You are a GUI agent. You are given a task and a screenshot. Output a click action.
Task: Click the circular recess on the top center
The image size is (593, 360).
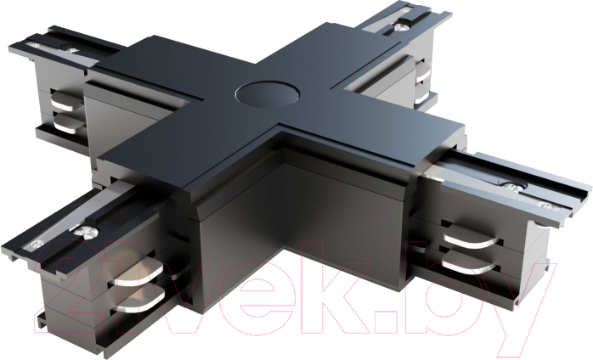pyautogui.click(x=268, y=93)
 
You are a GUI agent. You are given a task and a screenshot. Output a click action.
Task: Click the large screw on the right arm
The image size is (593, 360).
pyautogui.click(x=513, y=187)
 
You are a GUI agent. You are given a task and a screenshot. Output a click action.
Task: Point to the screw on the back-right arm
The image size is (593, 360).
pyautogui.click(x=402, y=26)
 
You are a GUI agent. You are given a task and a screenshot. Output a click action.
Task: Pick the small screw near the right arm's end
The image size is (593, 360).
pyautogui.click(x=545, y=205)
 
